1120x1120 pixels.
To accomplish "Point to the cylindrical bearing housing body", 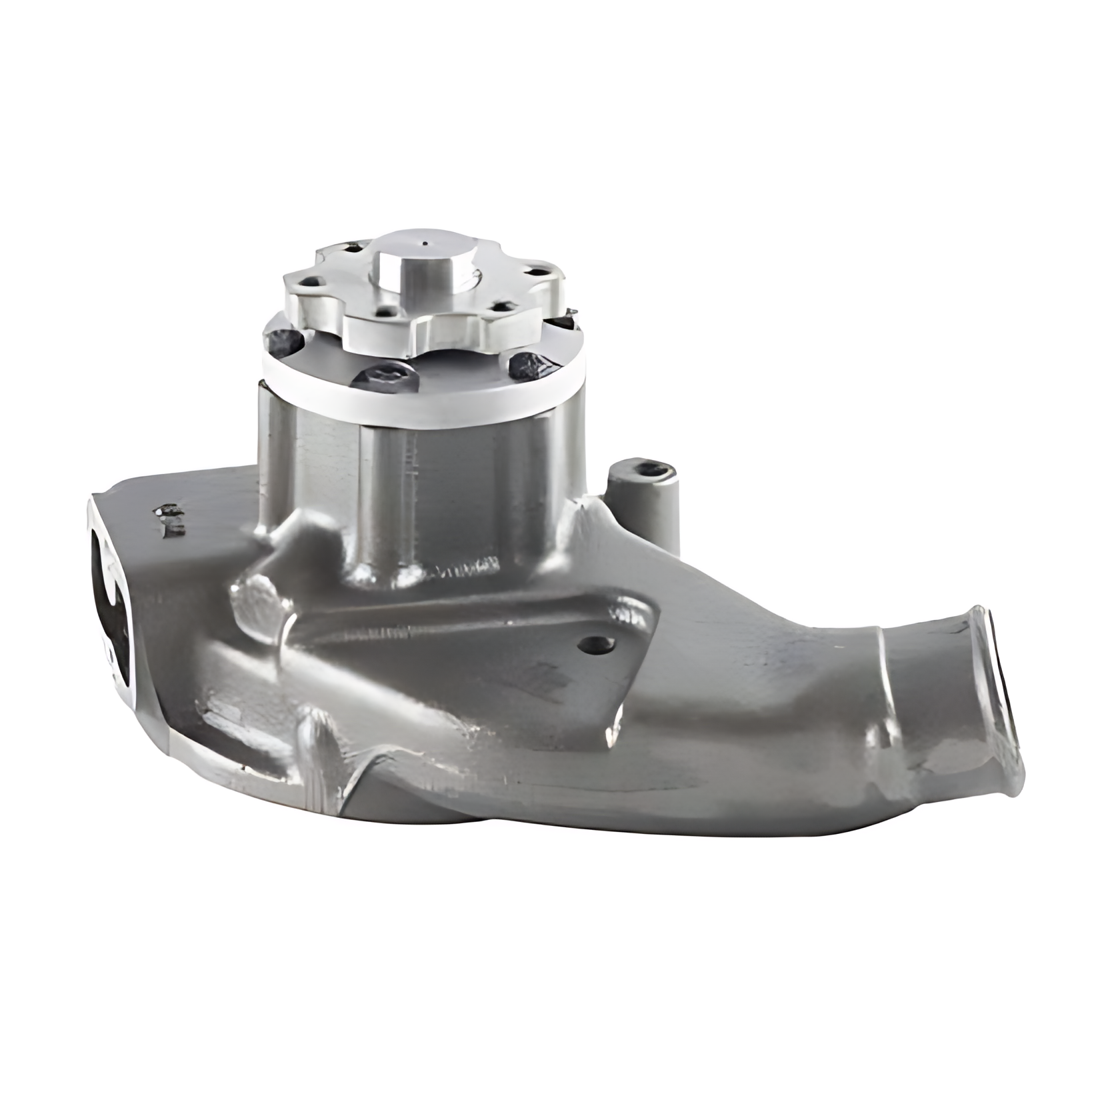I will (x=413, y=493).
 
